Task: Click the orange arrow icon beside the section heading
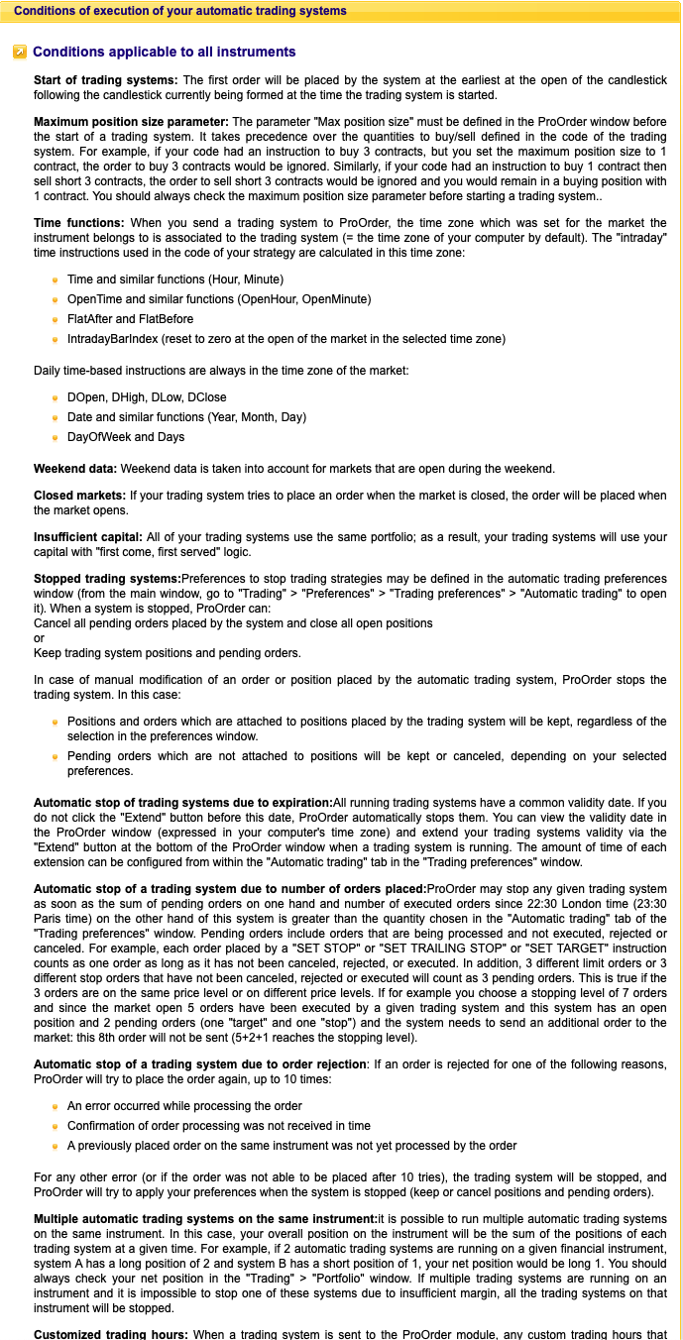click(20, 53)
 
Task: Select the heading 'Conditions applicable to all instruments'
click(164, 52)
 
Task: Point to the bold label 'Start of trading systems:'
click(106, 79)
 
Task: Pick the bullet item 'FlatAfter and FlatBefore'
click(130, 319)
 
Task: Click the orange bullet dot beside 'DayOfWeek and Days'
click(56, 437)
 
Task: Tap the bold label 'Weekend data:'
click(75, 468)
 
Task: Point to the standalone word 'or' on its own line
click(40, 638)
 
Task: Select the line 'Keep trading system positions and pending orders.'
click(168, 653)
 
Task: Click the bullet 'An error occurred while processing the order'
click(184, 1106)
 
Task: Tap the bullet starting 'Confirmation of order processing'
click(218, 1126)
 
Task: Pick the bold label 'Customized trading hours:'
click(109, 1334)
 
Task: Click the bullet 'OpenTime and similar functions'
click(219, 299)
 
